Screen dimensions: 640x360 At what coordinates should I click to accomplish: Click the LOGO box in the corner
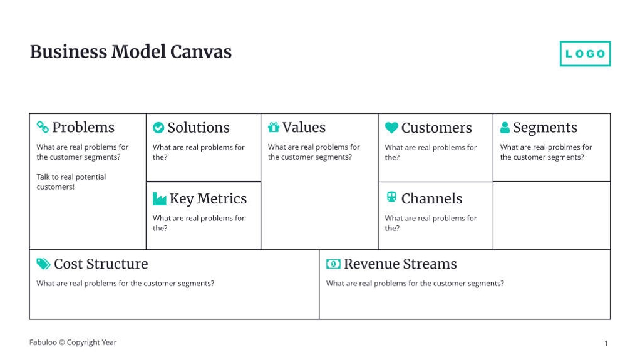coord(585,53)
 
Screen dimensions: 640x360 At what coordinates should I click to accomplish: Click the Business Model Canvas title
coord(131,52)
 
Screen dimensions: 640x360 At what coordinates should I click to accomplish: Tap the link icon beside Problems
coord(43,127)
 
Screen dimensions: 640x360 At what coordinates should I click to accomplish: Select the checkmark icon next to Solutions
coord(158,128)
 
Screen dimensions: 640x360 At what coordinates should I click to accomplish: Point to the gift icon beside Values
coord(274,127)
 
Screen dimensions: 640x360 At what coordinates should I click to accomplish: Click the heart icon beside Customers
coord(391,128)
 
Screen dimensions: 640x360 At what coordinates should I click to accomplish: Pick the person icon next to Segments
coord(505,127)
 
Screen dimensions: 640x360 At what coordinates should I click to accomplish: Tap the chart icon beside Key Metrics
coord(159,198)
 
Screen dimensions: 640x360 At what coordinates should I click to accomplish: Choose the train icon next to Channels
coord(391,197)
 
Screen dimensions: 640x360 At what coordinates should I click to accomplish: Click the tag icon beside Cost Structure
coord(43,264)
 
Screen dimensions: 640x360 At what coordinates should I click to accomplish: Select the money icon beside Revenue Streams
coord(333,264)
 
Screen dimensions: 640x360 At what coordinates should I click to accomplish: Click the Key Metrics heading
coord(208,198)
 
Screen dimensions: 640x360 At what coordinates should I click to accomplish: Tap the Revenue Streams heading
coord(400,264)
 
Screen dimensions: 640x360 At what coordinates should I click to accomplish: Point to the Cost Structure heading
coord(101,264)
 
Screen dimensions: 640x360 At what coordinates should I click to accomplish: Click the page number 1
coord(606,343)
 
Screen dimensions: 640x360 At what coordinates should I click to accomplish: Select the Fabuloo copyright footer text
coord(73,342)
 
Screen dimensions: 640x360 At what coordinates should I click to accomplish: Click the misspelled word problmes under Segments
coord(562,147)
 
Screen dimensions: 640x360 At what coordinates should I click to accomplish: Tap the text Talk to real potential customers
coord(71,182)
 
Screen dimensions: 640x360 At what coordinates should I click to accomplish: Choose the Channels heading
coord(432,198)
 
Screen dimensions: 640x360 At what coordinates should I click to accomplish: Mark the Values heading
coord(304,127)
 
